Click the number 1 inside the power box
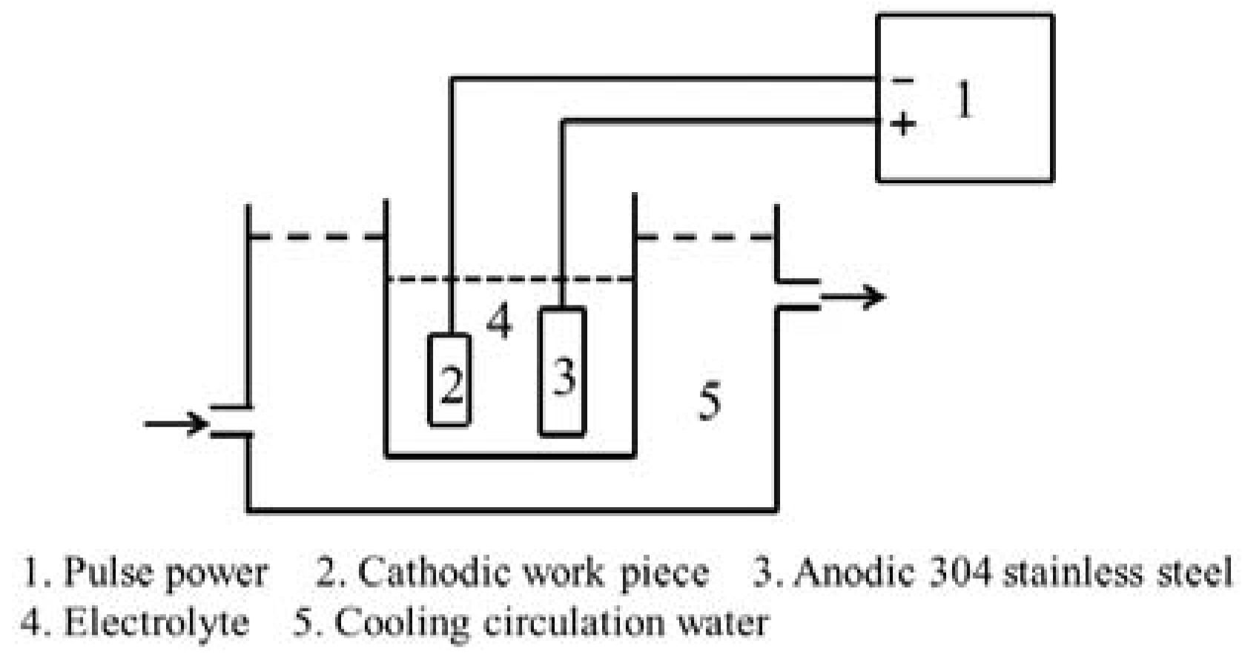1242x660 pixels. [964, 99]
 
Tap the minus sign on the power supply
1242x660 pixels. [902, 79]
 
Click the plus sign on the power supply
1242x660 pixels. [903, 123]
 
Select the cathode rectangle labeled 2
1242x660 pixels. [449, 380]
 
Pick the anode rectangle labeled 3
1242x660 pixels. [563, 371]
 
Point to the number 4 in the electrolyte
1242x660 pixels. [499, 321]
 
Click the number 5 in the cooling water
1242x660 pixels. [709, 403]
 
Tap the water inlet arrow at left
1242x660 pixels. [176, 424]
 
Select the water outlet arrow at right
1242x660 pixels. [853, 297]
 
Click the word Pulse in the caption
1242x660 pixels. [109, 572]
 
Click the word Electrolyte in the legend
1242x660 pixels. [156, 621]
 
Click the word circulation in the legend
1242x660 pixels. [574, 621]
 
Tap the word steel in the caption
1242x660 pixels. [1198, 572]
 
